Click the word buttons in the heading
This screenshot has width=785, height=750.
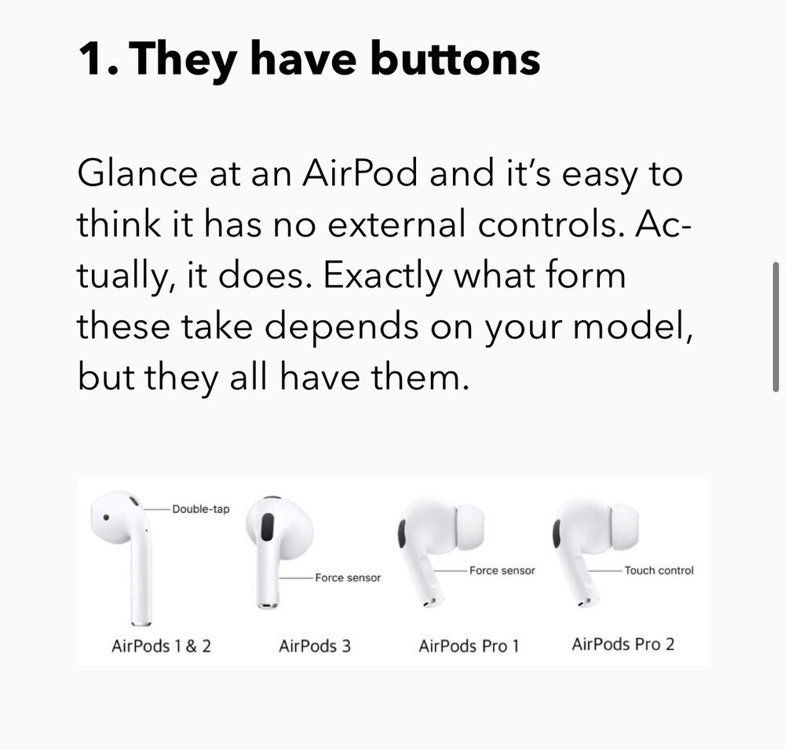click(x=455, y=59)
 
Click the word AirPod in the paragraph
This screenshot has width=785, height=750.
click(x=360, y=173)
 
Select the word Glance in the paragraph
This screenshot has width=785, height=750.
click(x=137, y=173)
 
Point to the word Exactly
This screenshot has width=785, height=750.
click(x=383, y=276)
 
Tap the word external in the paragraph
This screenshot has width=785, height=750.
click(x=396, y=224)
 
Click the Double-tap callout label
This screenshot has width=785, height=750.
click(x=201, y=509)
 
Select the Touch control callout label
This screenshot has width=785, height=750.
click(x=659, y=570)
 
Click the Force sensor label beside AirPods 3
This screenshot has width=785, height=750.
click(x=348, y=578)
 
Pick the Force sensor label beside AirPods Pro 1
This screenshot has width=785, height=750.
click(x=502, y=570)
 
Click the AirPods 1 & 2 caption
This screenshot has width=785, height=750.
click(x=161, y=646)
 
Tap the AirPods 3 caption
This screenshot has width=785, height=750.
click(x=315, y=646)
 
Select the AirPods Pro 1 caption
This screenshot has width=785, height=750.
click(x=469, y=646)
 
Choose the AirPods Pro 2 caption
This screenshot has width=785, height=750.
click(x=623, y=644)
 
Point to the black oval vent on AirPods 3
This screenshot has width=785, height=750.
click(x=268, y=526)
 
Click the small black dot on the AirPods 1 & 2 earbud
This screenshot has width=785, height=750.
click(x=106, y=517)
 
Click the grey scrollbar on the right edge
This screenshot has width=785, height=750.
click(x=776, y=326)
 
